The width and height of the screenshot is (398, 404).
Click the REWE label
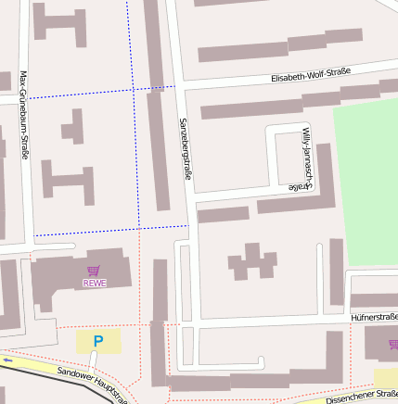pos(94,284)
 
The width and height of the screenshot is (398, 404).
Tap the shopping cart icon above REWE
pos(94,272)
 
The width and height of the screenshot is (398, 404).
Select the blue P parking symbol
pos(97,342)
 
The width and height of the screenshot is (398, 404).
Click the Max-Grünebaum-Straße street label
pos(22,117)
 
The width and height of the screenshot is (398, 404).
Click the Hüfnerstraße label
pos(374,317)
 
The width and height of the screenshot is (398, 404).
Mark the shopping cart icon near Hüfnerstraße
pos(393,344)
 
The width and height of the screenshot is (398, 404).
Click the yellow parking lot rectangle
pos(97,342)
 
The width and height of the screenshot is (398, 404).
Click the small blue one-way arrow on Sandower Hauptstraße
pos(7,360)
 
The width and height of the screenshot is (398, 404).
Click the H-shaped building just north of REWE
pos(67,182)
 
